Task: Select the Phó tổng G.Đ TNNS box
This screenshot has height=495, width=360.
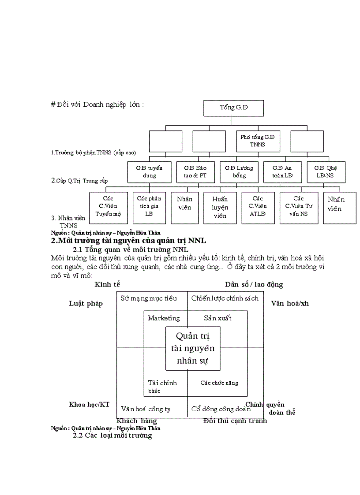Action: click(258, 141)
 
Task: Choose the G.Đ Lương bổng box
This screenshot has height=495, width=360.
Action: click(239, 172)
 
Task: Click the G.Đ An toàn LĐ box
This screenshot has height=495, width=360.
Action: click(282, 172)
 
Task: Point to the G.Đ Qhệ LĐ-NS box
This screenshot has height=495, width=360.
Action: click(326, 172)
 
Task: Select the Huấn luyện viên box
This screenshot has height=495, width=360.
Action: click(219, 208)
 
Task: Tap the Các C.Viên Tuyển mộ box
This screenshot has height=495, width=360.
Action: click(108, 208)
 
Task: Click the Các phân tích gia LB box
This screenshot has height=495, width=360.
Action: click(149, 207)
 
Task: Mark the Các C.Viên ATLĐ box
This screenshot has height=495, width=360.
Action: click(258, 208)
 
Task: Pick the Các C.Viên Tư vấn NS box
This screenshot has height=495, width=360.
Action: click(299, 207)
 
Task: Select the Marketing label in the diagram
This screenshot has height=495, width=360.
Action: click(164, 318)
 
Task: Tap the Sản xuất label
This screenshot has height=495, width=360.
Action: click(217, 318)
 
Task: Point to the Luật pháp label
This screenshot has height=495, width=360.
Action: click(86, 304)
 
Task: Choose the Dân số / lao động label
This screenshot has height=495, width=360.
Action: click(254, 285)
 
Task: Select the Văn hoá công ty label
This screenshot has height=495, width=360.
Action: click(146, 409)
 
